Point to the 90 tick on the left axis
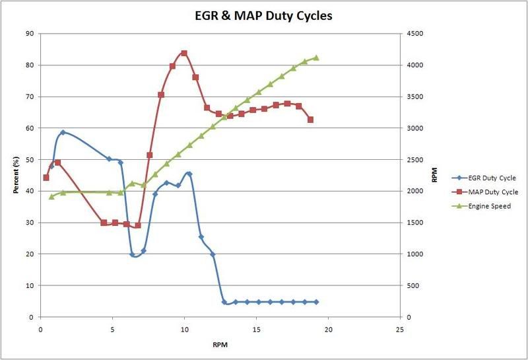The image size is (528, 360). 29,34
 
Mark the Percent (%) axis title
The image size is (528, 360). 16,175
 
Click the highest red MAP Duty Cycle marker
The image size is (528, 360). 184,54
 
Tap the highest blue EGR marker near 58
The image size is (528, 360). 63,132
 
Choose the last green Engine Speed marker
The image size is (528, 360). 316,57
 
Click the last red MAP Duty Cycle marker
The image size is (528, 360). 310,120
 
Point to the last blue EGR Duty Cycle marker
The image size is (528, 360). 316,302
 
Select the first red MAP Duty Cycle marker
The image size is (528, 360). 46,178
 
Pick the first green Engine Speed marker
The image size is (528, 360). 51,196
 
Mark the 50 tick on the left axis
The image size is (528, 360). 29,160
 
